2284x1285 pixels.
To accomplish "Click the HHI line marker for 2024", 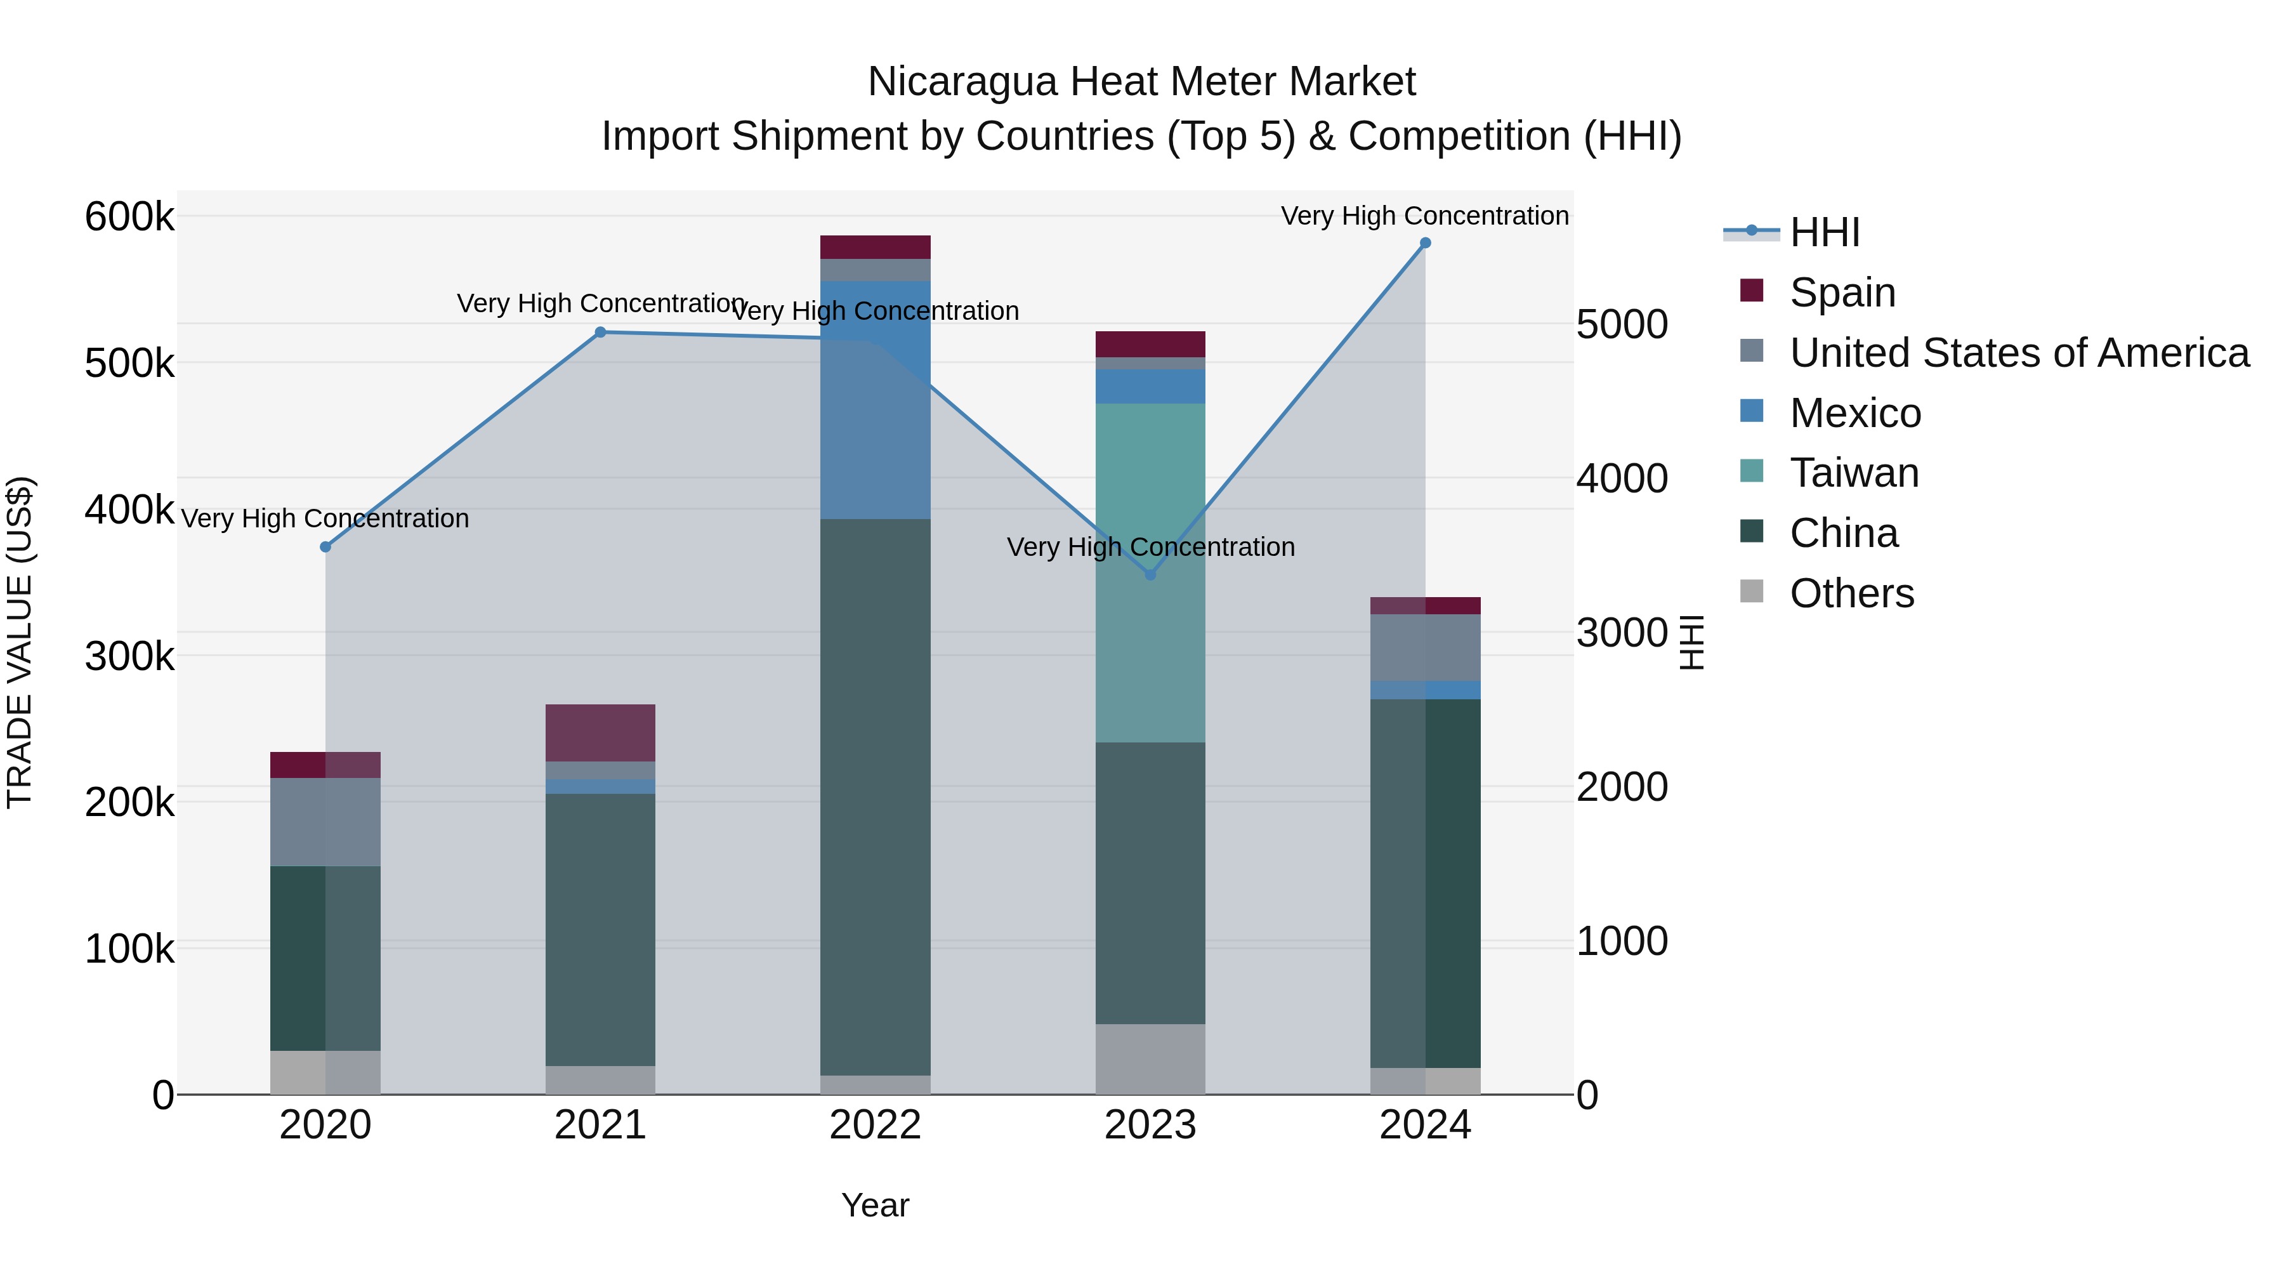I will [1425, 243].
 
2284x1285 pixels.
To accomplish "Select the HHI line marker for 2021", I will [600, 333].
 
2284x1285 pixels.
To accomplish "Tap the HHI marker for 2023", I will [1150, 575].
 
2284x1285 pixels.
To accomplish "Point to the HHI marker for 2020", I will [325, 547].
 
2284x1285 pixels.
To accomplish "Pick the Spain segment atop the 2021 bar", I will [600, 732].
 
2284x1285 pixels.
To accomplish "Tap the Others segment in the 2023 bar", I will [1150, 1059].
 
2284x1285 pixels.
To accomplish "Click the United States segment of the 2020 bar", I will [325, 821].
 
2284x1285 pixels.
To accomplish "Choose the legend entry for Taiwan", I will [1854, 473].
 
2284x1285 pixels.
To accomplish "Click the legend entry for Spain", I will [1842, 292].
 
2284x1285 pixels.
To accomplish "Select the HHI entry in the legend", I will [1825, 232].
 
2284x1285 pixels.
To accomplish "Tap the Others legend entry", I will [1851, 593].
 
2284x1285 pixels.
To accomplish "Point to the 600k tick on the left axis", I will [129, 216].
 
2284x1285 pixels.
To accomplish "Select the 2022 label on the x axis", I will [875, 1125].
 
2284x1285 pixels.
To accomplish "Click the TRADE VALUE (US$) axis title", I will [20, 642].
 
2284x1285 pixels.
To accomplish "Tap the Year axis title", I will [875, 1205].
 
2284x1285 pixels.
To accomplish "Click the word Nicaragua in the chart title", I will [962, 82].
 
